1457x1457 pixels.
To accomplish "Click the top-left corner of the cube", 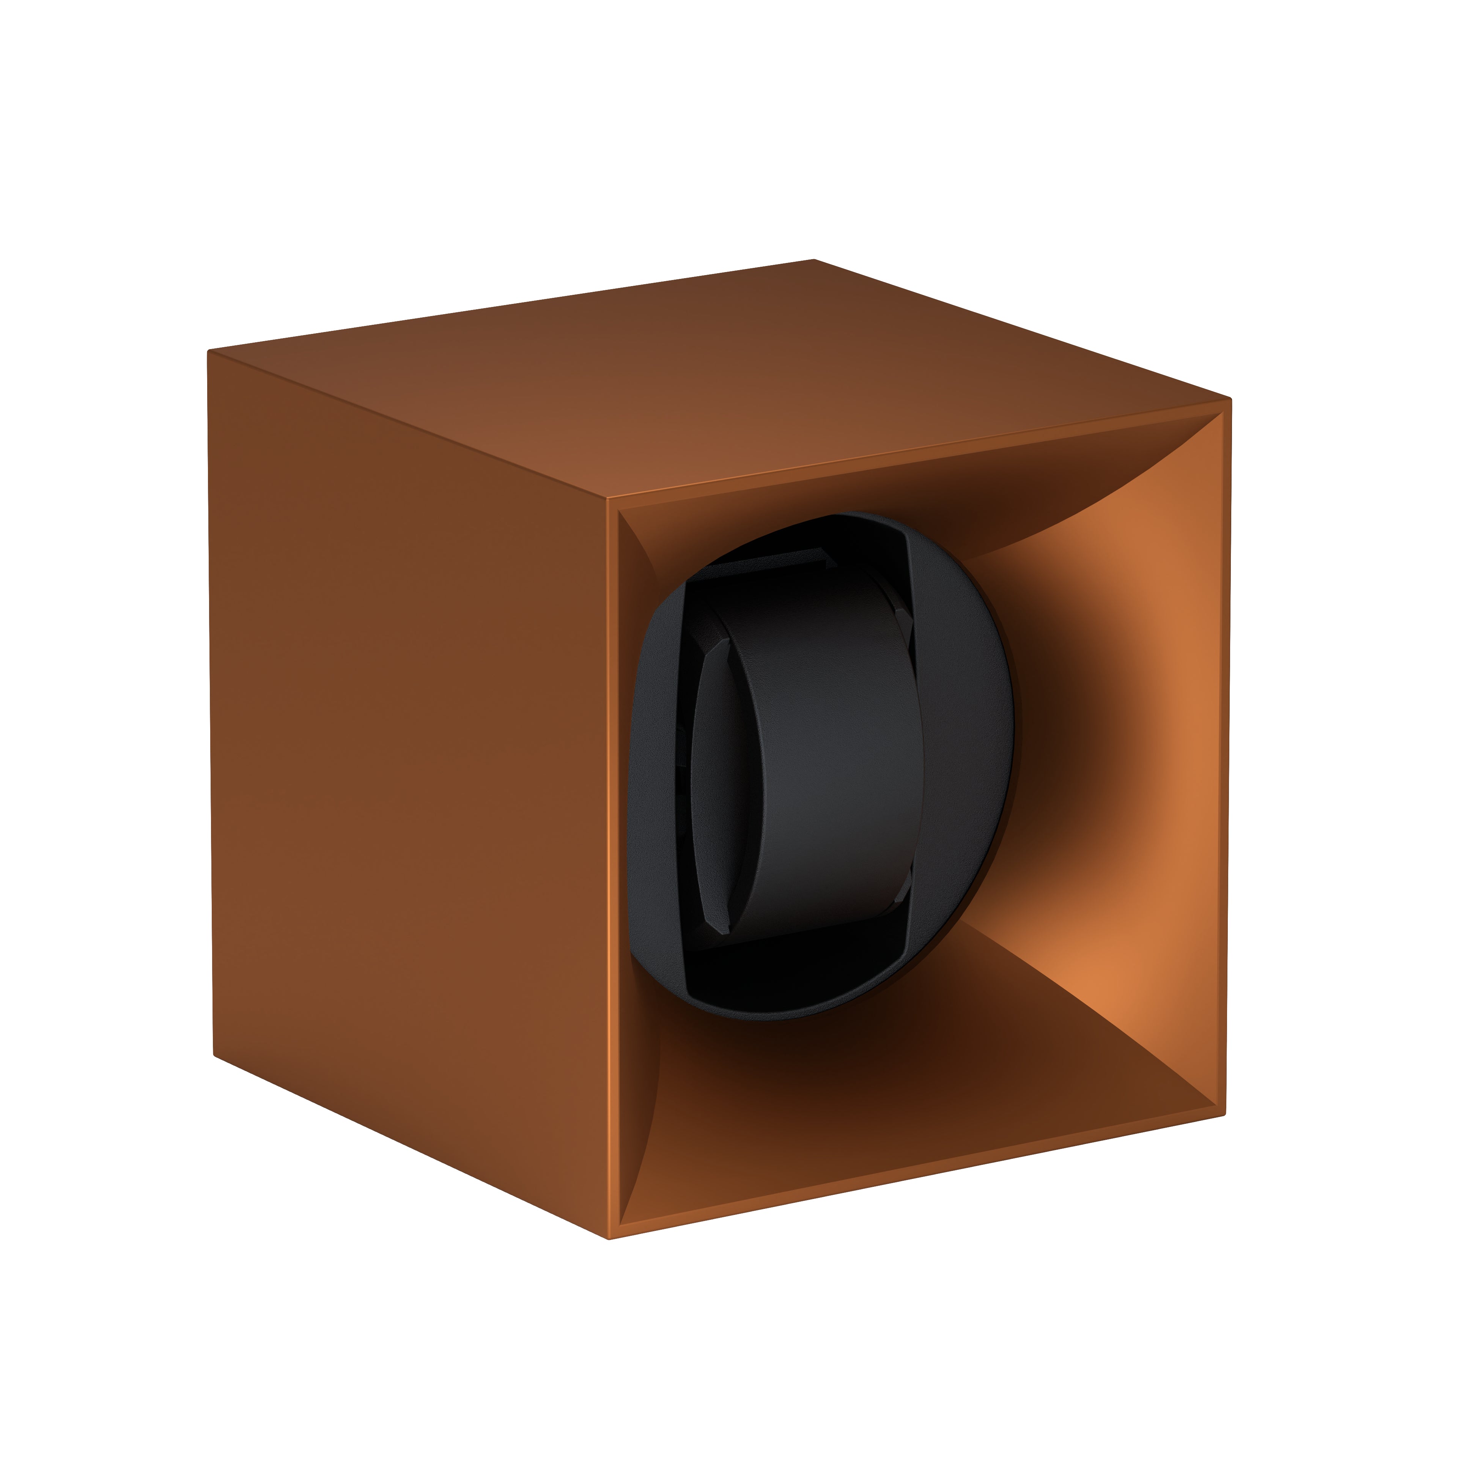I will point(209,351).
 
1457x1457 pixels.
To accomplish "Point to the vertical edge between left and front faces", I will point(608,867).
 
